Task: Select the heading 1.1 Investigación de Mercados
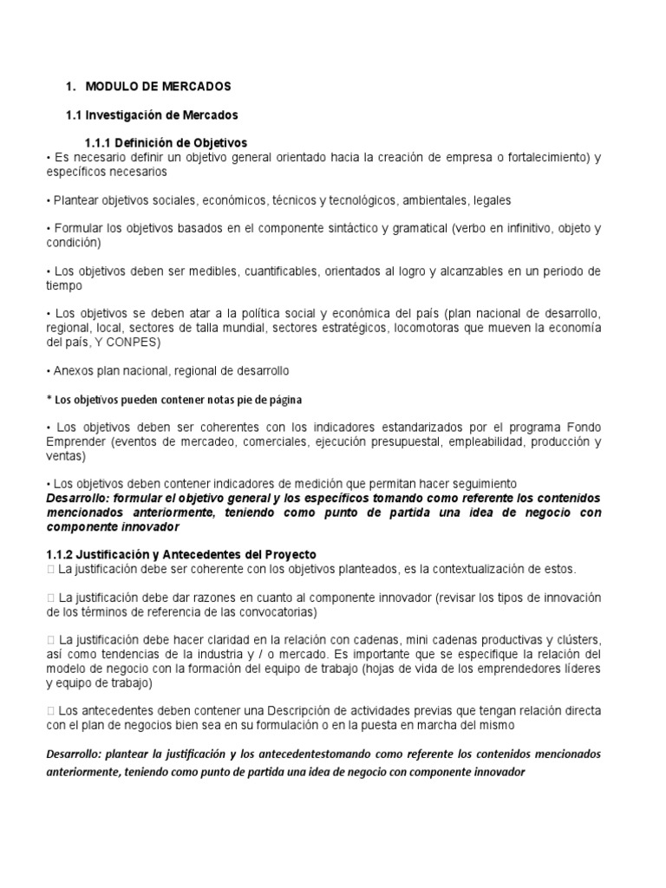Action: [153, 114]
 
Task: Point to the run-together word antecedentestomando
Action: [314, 754]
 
